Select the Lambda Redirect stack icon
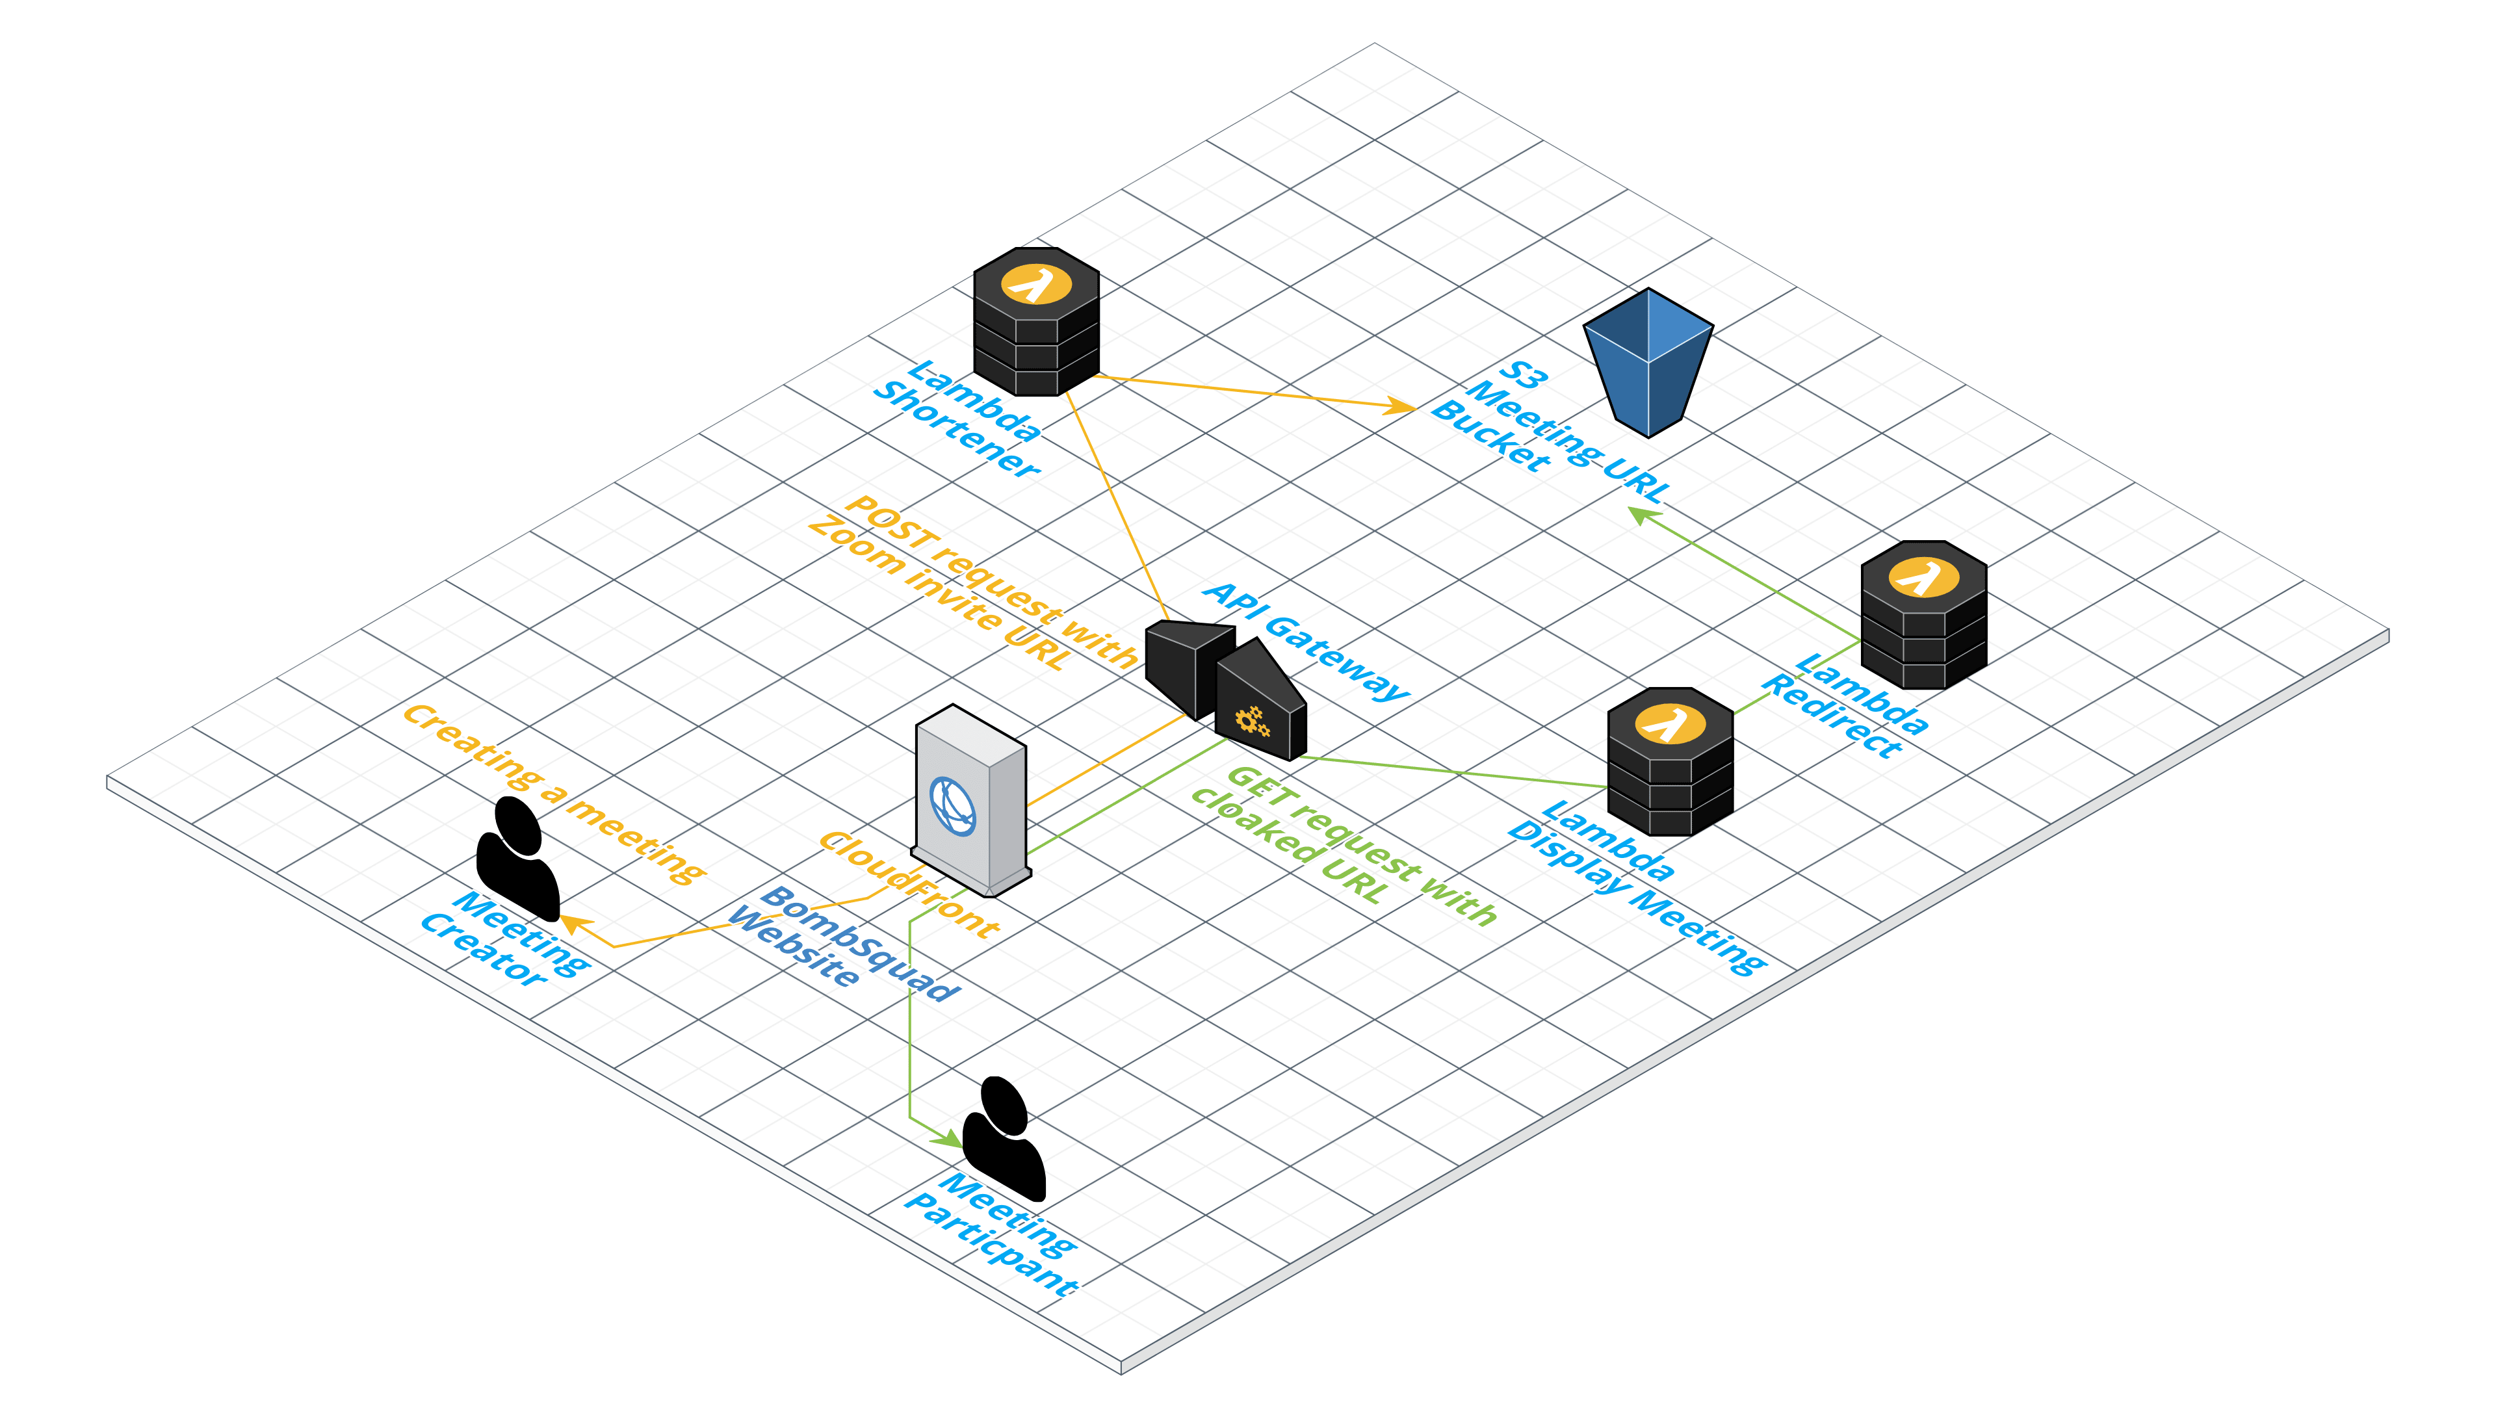coord(1923,616)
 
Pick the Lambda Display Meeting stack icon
coord(1669,762)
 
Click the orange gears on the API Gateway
coord(1252,722)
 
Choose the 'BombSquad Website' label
coord(843,941)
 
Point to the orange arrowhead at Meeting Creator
coord(573,924)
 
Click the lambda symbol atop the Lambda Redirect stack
coord(1923,577)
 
